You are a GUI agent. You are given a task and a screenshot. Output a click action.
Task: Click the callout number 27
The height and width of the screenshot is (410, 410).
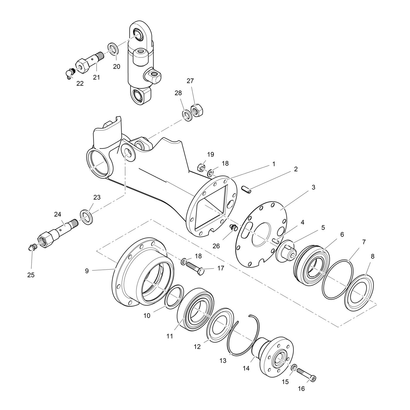point(190,81)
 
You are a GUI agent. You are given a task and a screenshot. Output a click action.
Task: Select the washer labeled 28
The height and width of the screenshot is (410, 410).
point(187,115)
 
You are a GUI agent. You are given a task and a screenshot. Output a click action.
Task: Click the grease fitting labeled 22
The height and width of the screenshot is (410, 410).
point(69,73)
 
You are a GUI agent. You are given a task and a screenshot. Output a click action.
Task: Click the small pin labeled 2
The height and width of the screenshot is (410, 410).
point(246,189)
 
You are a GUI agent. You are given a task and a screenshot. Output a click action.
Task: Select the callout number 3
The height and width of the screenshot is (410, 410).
point(313,187)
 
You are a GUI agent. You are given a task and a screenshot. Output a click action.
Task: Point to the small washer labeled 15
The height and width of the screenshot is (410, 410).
point(294,367)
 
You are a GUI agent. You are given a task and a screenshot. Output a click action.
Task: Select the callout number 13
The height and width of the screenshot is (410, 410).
point(223,361)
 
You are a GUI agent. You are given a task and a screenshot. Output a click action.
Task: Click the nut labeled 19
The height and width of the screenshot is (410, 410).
point(201,168)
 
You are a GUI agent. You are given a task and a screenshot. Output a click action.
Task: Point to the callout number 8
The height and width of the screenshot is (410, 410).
point(373,257)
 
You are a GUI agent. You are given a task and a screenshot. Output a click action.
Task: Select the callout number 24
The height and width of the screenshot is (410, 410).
point(58,215)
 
